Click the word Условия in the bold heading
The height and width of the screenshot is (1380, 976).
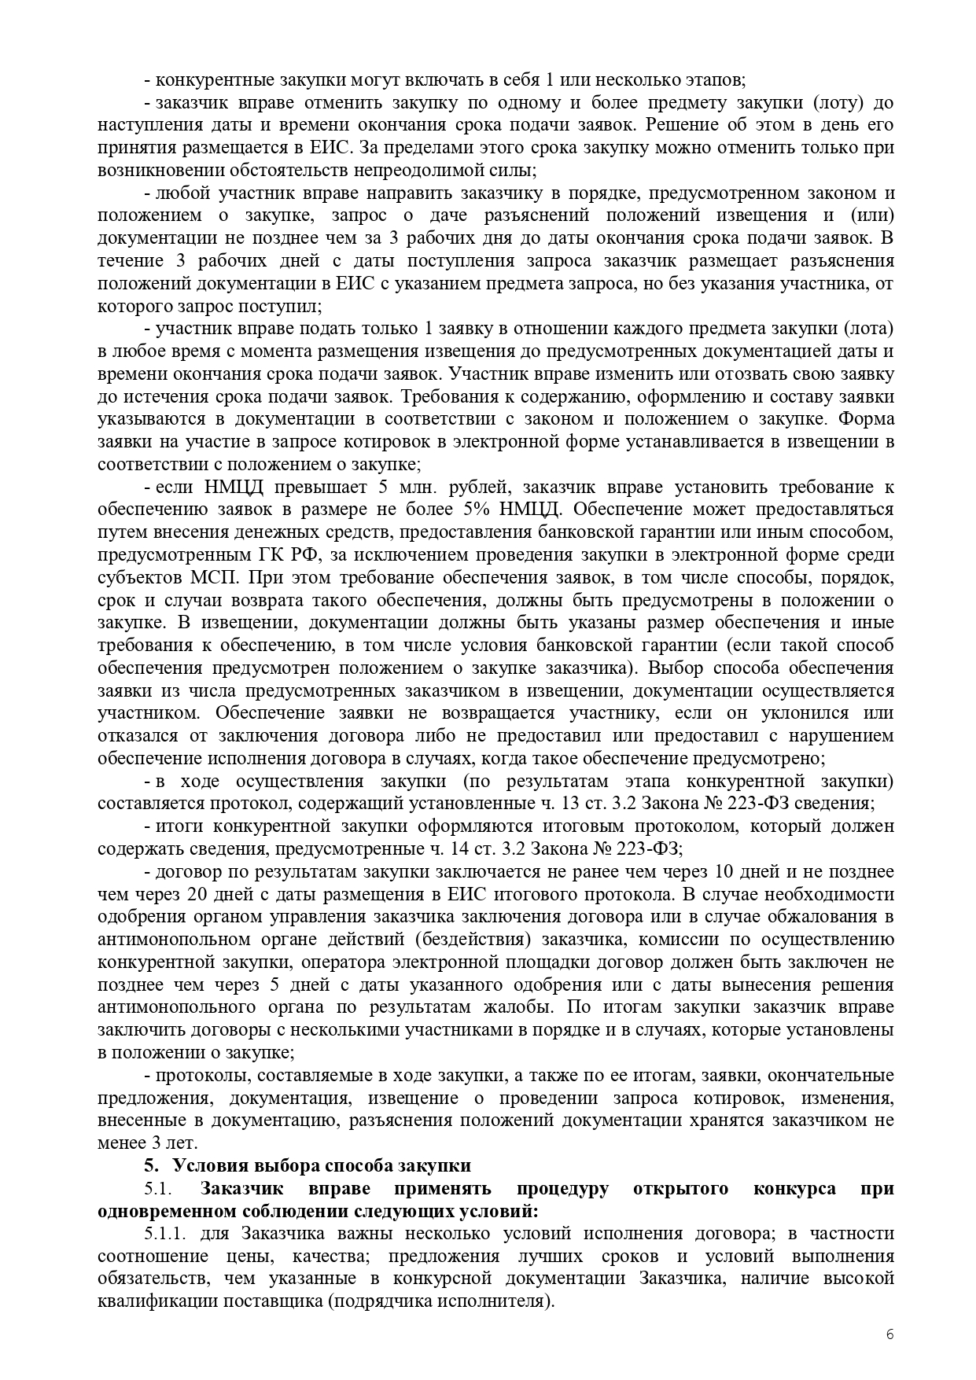tap(209, 1165)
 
